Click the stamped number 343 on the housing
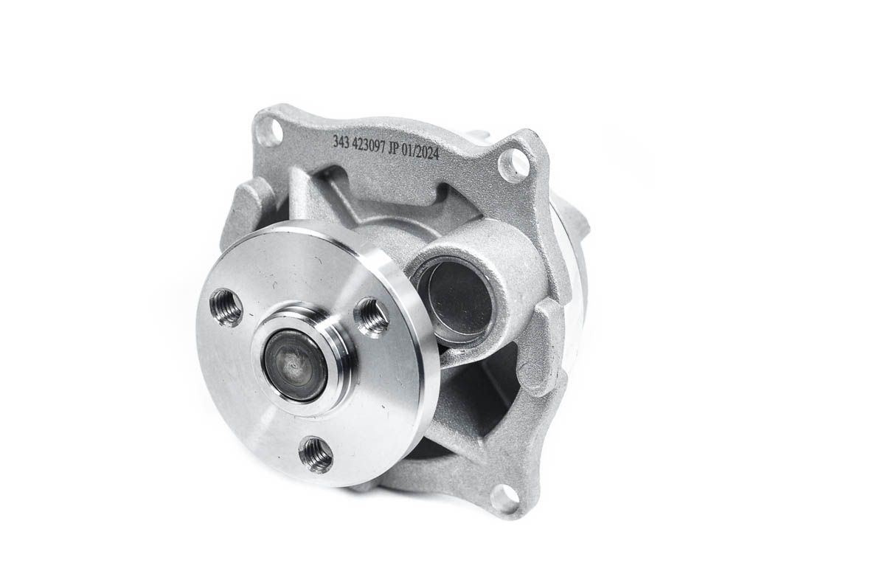341,143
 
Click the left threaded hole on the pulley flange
226,304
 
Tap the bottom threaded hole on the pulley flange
316,453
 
